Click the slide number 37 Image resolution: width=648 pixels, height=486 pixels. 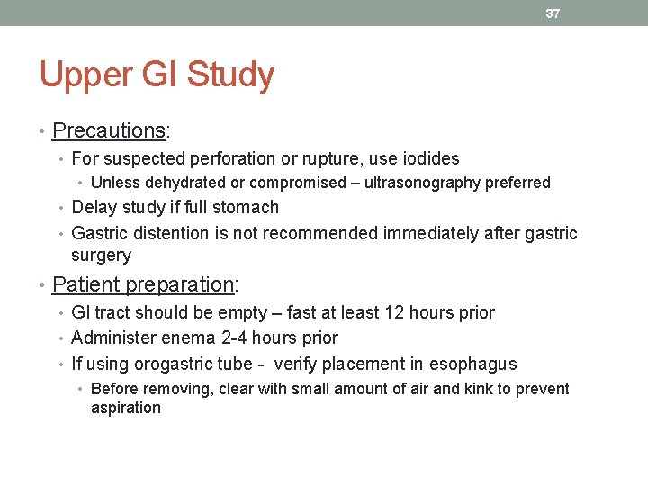point(553,13)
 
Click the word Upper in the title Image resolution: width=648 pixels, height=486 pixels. point(85,76)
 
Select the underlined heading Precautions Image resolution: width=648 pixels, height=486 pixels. point(108,130)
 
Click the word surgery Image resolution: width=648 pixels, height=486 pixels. point(101,256)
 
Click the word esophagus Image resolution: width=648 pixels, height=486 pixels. point(473,364)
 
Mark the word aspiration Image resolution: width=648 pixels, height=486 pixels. point(126,408)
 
